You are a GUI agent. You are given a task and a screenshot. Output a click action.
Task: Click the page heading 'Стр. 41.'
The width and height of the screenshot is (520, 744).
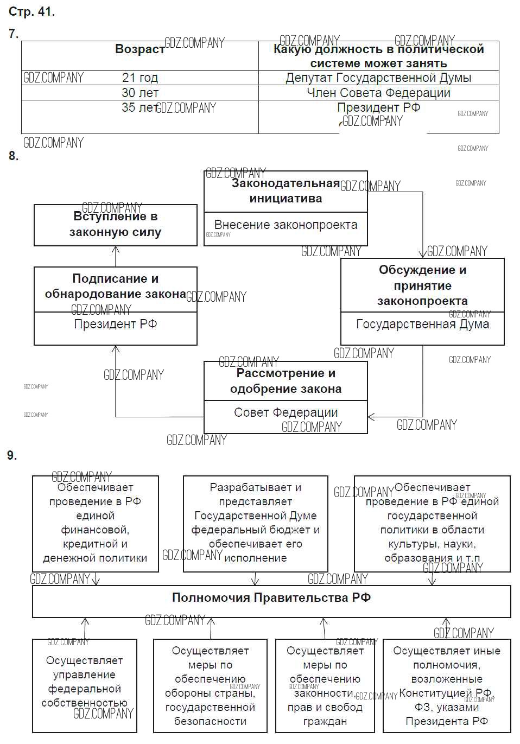click(x=32, y=11)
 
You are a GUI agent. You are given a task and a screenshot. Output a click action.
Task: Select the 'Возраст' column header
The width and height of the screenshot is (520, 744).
click(x=139, y=49)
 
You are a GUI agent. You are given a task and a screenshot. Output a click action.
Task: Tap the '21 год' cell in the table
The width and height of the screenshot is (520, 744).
click(x=139, y=78)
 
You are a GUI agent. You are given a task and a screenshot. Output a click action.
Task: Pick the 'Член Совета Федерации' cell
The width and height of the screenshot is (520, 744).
click(x=378, y=93)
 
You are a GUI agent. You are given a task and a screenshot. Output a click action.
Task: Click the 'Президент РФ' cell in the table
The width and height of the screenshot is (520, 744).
click(x=378, y=107)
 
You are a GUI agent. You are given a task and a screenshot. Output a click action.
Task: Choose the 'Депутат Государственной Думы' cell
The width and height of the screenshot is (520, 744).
click(x=378, y=78)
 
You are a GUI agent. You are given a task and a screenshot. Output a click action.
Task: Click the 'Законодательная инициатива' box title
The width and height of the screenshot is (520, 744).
click(x=286, y=191)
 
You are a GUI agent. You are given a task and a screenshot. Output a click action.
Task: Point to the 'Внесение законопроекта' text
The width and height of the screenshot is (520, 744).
click(x=286, y=225)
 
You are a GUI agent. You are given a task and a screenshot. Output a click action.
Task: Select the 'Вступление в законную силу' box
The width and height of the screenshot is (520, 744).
click(x=116, y=225)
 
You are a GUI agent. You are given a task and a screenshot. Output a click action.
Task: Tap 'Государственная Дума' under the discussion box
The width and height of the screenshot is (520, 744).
click(x=422, y=325)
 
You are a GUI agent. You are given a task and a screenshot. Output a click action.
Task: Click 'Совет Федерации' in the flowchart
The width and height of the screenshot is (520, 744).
click(x=286, y=412)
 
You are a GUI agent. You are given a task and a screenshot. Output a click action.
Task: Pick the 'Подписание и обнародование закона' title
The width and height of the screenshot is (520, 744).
click(x=116, y=287)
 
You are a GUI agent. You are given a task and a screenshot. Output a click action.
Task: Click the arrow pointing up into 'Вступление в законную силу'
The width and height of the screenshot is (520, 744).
click(x=116, y=250)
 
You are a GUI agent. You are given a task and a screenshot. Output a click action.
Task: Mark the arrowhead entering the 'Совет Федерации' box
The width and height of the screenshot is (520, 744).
click(x=371, y=417)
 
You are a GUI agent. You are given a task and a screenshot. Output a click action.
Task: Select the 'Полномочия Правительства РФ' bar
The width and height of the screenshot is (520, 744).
click(x=271, y=599)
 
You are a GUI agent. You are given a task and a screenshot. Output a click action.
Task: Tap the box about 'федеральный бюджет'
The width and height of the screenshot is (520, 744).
click(x=256, y=523)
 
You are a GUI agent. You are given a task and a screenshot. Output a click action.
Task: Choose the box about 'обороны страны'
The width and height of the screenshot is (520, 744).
click(x=210, y=686)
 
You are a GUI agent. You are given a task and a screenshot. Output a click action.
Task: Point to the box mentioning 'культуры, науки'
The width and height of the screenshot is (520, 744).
click(x=432, y=523)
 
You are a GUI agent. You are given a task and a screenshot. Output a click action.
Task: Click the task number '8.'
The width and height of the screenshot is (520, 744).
click(x=14, y=156)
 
